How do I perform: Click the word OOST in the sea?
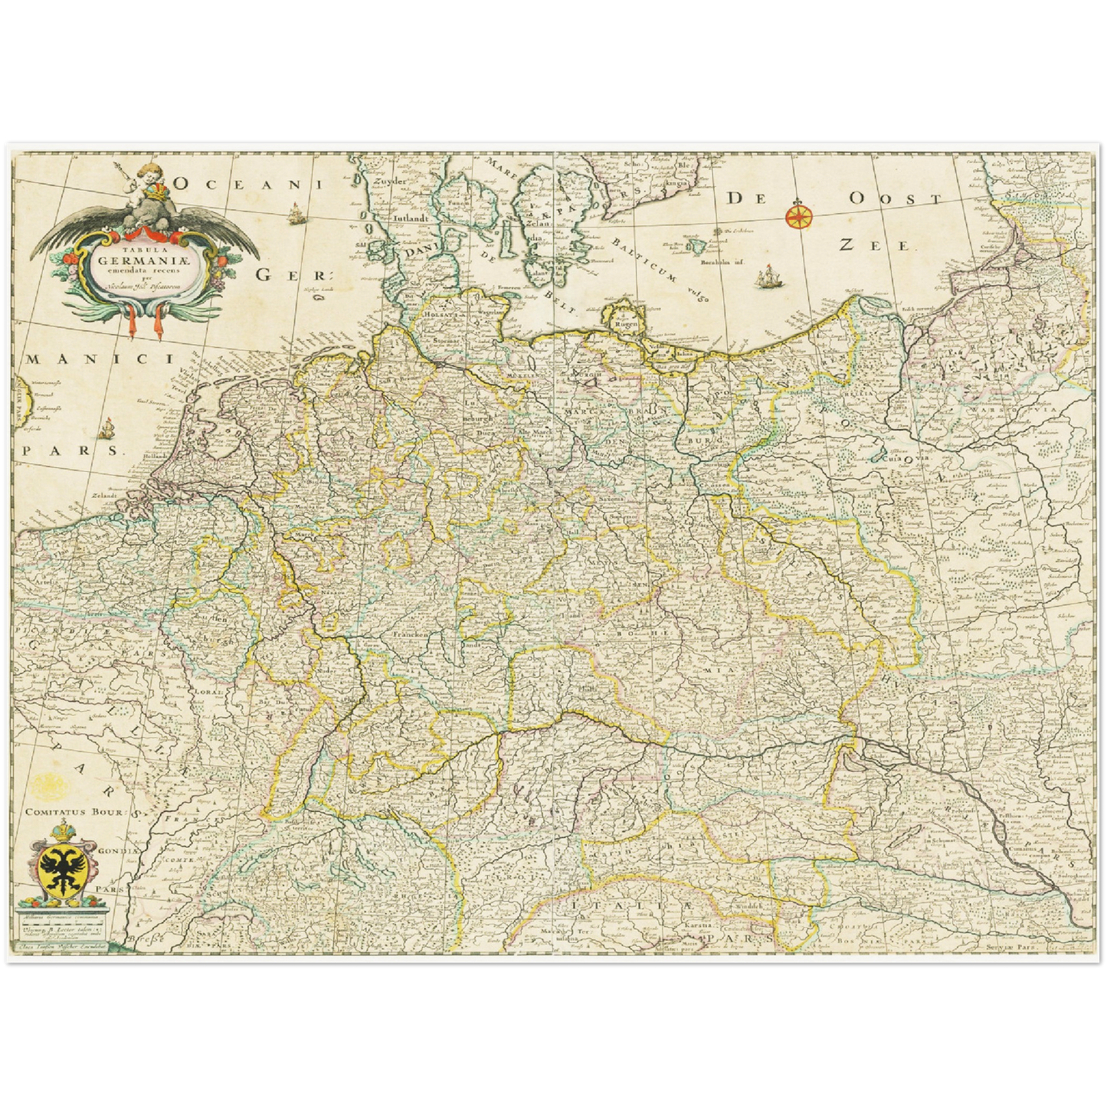pos(895,198)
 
